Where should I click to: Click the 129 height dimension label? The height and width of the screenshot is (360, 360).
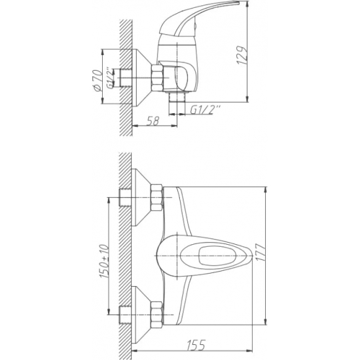click(x=242, y=56)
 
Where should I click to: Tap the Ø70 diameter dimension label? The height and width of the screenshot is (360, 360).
click(x=98, y=81)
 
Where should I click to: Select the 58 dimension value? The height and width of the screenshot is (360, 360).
click(x=153, y=121)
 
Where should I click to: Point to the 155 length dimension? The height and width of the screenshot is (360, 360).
click(x=196, y=345)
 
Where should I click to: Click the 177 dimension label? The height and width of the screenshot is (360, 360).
click(x=261, y=252)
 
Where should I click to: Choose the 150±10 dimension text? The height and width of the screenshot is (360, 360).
click(x=104, y=262)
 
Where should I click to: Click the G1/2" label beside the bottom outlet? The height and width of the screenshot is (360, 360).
click(x=206, y=110)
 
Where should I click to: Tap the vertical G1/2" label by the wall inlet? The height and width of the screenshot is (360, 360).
click(x=111, y=78)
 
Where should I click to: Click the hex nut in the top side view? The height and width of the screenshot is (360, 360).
click(x=157, y=78)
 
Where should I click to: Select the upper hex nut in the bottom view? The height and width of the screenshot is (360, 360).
click(x=157, y=197)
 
